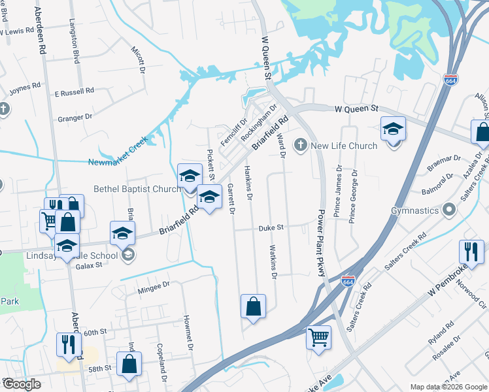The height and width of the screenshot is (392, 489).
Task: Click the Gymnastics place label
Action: point(415,211)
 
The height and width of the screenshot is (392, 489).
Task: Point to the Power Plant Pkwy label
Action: point(322,242)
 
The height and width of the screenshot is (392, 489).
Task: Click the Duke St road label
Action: point(270,228)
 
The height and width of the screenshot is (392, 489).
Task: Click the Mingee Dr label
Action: point(154,285)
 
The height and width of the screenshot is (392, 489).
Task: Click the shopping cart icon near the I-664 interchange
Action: point(319,338)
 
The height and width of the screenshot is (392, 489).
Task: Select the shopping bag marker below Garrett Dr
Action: point(253,306)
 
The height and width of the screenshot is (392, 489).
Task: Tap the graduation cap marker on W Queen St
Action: point(394,129)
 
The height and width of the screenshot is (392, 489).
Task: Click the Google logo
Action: point(22,384)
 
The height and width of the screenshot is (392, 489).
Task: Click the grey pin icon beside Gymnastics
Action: point(449,211)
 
